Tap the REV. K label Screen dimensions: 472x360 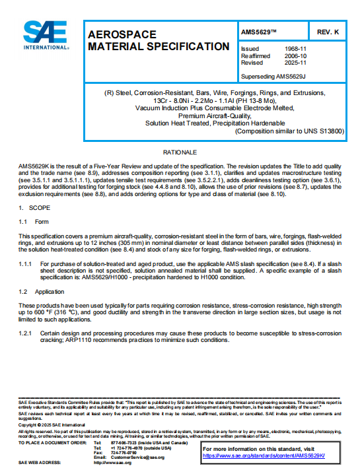(x=328, y=32)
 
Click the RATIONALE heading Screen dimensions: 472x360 (x=180, y=152)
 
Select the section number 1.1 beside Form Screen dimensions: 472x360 (x=23, y=222)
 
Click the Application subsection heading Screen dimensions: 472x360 (x=50, y=291)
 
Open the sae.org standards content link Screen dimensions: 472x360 (x=268, y=455)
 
